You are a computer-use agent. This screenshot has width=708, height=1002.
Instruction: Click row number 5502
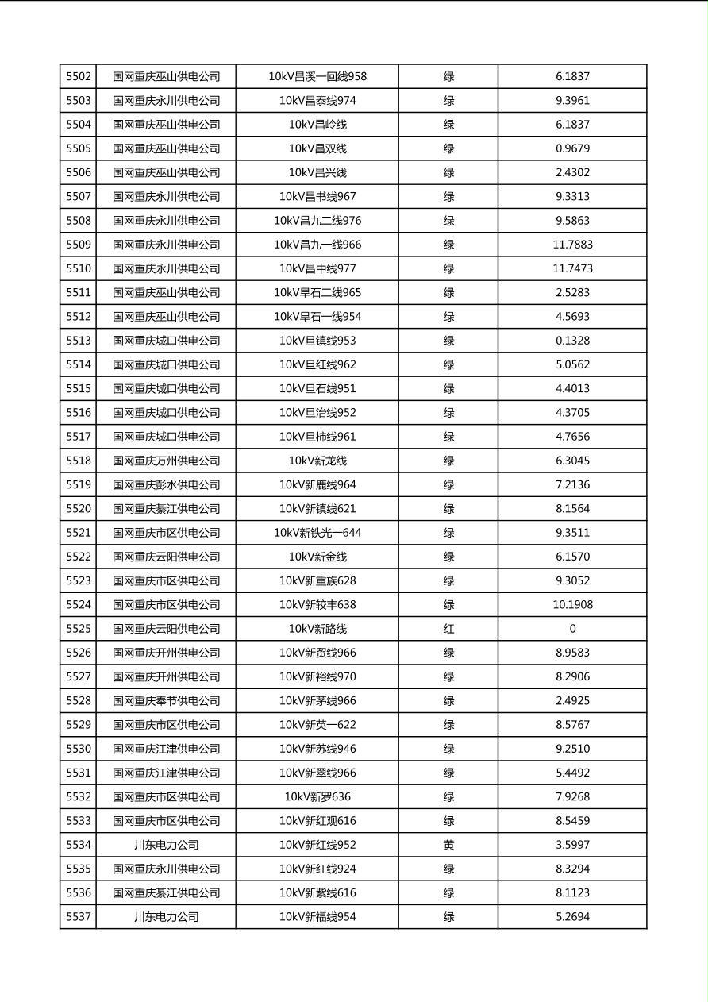(x=79, y=77)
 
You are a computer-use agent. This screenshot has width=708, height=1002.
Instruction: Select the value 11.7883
(x=572, y=245)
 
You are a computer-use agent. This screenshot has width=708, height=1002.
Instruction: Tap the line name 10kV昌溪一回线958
(x=317, y=77)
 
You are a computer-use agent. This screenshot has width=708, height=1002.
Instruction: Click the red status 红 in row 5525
(x=448, y=629)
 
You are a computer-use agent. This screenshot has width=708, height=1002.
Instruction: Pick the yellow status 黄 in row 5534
(x=448, y=845)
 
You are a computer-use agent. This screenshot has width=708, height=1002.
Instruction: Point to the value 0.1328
(x=572, y=341)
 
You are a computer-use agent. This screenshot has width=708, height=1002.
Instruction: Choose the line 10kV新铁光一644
(x=317, y=533)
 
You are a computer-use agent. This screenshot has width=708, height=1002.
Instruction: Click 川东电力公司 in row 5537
(x=167, y=917)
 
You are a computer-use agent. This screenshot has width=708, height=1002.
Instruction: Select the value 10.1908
(x=572, y=605)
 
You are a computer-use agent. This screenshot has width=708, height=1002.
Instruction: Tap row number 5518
(x=79, y=461)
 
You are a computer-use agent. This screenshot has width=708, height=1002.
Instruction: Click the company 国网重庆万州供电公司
(x=167, y=461)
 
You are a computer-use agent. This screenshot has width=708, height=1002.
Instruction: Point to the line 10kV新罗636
(x=317, y=797)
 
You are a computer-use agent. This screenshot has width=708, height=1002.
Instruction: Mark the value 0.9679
(x=572, y=148)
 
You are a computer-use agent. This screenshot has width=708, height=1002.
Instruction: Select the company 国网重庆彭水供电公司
(x=167, y=485)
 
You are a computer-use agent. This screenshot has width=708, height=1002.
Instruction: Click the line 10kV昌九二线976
(x=317, y=221)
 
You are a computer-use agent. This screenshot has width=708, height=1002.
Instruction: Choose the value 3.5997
(x=572, y=845)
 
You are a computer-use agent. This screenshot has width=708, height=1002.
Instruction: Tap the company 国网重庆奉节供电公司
(x=167, y=701)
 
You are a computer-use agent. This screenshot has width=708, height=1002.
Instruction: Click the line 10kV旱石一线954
(x=317, y=317)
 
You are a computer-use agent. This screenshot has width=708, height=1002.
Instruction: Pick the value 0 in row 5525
(x=572, y=629)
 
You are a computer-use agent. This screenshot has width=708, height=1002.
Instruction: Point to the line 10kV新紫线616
(x=317, y=893)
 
